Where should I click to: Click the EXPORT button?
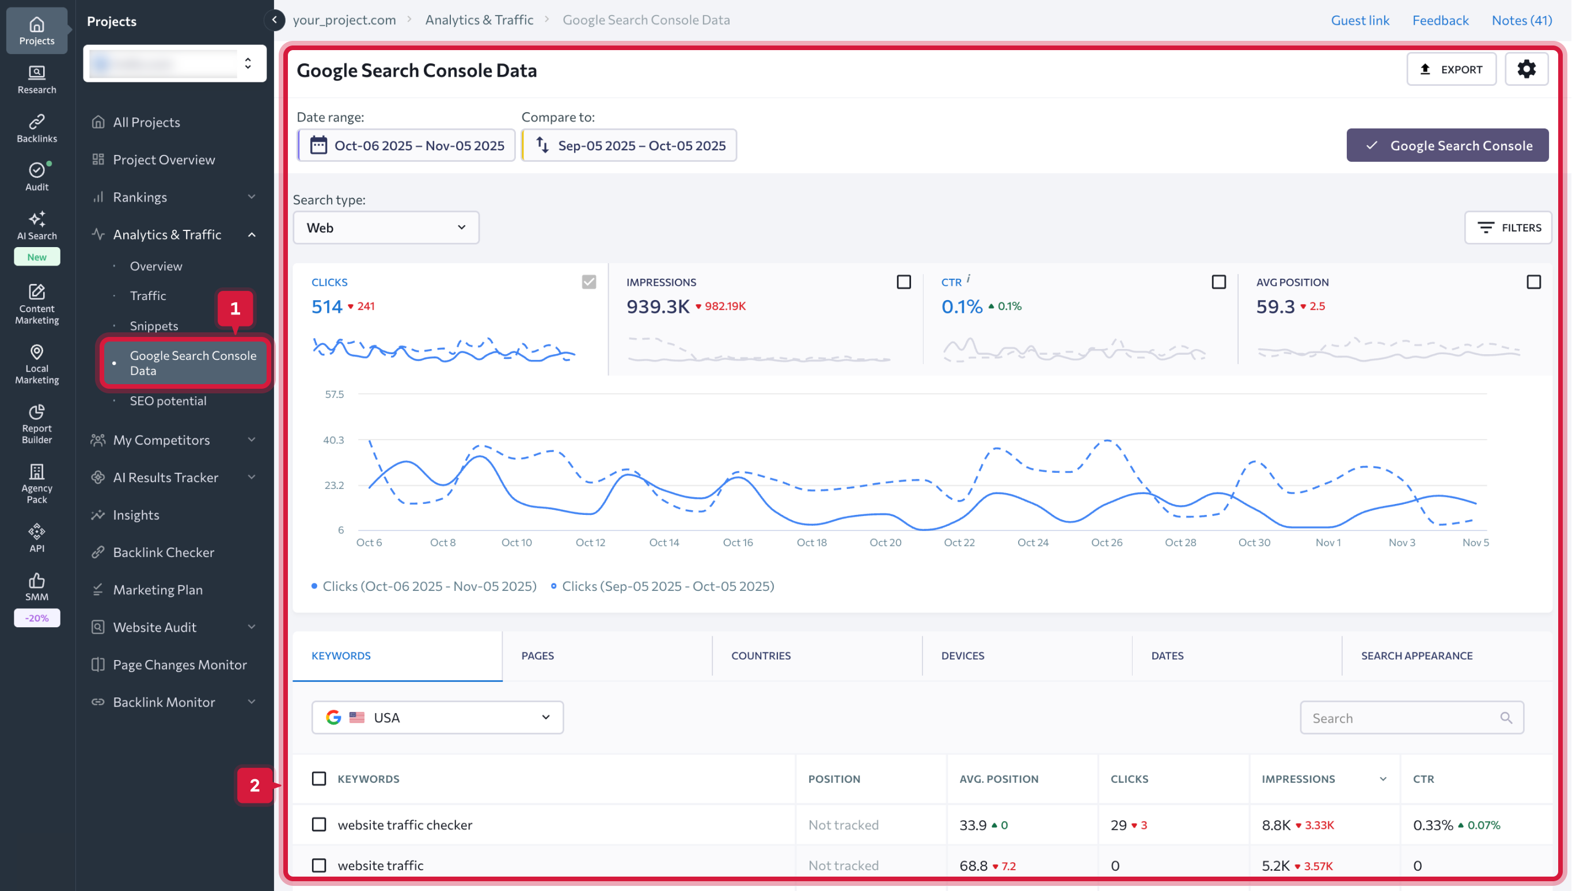(1451, 69)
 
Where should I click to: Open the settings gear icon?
(1526, 69)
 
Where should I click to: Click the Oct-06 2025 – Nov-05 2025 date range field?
(407, 146)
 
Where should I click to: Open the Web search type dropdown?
(386, 228)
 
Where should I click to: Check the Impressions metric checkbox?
(903, 282)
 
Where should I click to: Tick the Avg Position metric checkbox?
(1533, 282)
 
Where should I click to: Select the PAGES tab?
(538, 655)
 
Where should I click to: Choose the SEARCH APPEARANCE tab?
(1417, 655)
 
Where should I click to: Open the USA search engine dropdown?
(438, 717)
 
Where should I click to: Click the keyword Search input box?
(1404, 718)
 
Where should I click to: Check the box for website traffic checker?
(318, 824)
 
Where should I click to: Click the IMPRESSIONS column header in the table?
(1298, 779)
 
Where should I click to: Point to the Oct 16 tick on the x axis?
(738, 542)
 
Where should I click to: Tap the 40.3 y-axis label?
(333, 440)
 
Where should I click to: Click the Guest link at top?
(1360, 20)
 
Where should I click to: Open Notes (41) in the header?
(1521, 20)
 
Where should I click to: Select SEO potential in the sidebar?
(168, 401)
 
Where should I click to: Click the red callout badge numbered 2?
(255, 785)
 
